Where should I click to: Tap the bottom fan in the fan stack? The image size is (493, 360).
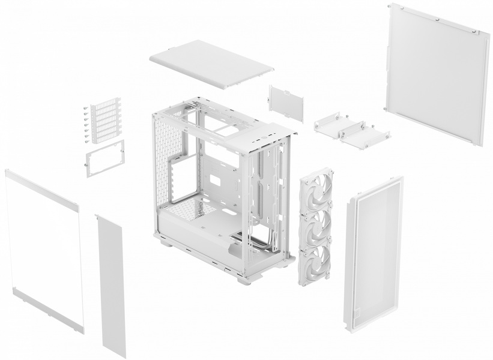coord(315,261)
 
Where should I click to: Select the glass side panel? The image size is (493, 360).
coord(43,249)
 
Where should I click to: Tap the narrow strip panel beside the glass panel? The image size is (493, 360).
coord(111,285)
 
